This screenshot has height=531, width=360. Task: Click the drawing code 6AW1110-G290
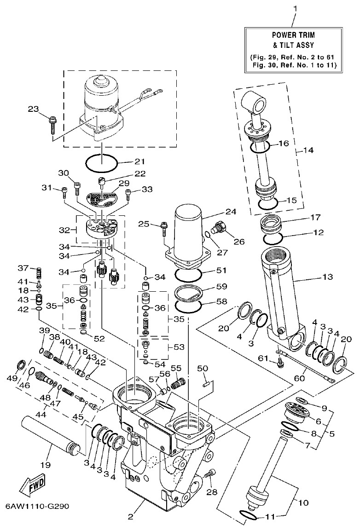[x=37, y=506]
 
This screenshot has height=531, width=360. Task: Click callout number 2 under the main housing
[x=131, y=517]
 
